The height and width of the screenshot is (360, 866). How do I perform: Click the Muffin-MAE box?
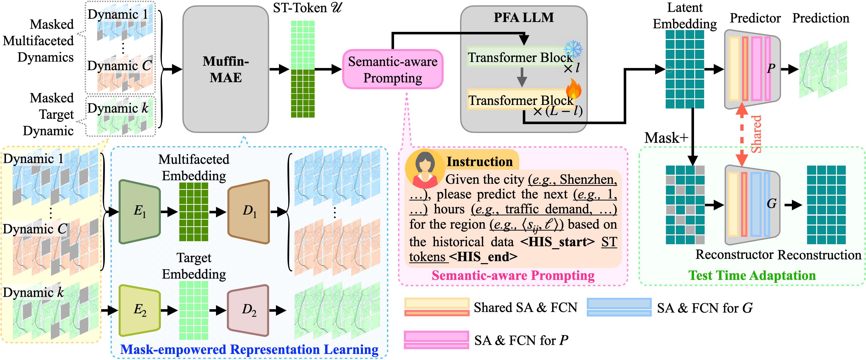(226, 69)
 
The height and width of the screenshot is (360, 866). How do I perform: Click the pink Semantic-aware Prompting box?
(392, 69)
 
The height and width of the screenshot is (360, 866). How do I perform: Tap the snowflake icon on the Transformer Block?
(573, 49)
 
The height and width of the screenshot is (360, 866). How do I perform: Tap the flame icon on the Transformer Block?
(573, 88)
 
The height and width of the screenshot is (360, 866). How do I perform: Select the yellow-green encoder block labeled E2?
(140, 310)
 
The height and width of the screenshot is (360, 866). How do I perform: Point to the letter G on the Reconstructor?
(771, 203)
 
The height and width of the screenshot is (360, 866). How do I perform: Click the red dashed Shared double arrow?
(742, 134)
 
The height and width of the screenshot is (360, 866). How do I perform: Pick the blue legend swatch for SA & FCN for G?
(619, 307)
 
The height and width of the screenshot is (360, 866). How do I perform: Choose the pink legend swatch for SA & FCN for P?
(436, 340)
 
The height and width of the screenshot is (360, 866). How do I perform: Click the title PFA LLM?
(524, 17)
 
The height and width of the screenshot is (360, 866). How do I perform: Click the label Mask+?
(666, 138)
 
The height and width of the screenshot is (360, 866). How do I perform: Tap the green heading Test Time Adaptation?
(752, 275)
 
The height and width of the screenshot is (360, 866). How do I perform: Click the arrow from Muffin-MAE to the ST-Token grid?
(279, 69)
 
